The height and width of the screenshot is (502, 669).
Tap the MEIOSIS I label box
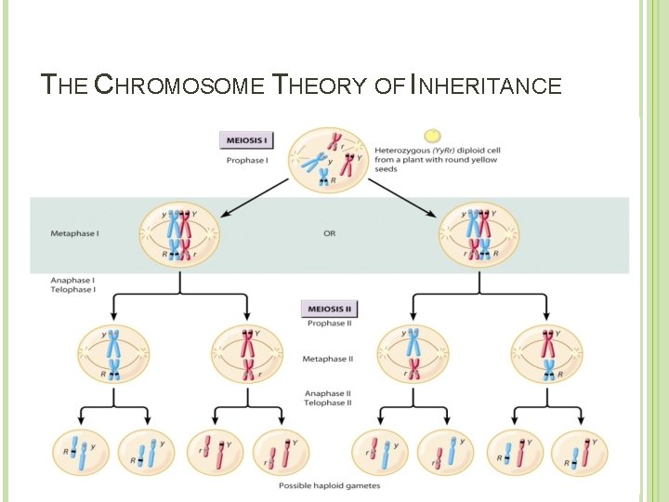pos(246,141)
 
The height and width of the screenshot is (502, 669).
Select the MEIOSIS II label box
pos(330,309)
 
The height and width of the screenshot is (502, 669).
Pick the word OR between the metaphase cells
pos(330,233)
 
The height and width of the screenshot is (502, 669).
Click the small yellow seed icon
pos(432,136)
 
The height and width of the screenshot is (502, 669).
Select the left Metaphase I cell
pos(179,233)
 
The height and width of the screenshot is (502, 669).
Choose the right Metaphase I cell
pos(479,233)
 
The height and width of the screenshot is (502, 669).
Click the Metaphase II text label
pos(329,358)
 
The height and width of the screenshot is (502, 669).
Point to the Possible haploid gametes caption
pos(329,485)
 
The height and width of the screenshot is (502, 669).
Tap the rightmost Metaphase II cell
pos(547,355)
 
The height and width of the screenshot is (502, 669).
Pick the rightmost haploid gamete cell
pos(580,453)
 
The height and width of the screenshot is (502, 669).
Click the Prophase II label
pos(329,324)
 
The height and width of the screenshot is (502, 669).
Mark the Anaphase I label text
pos(72,280)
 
